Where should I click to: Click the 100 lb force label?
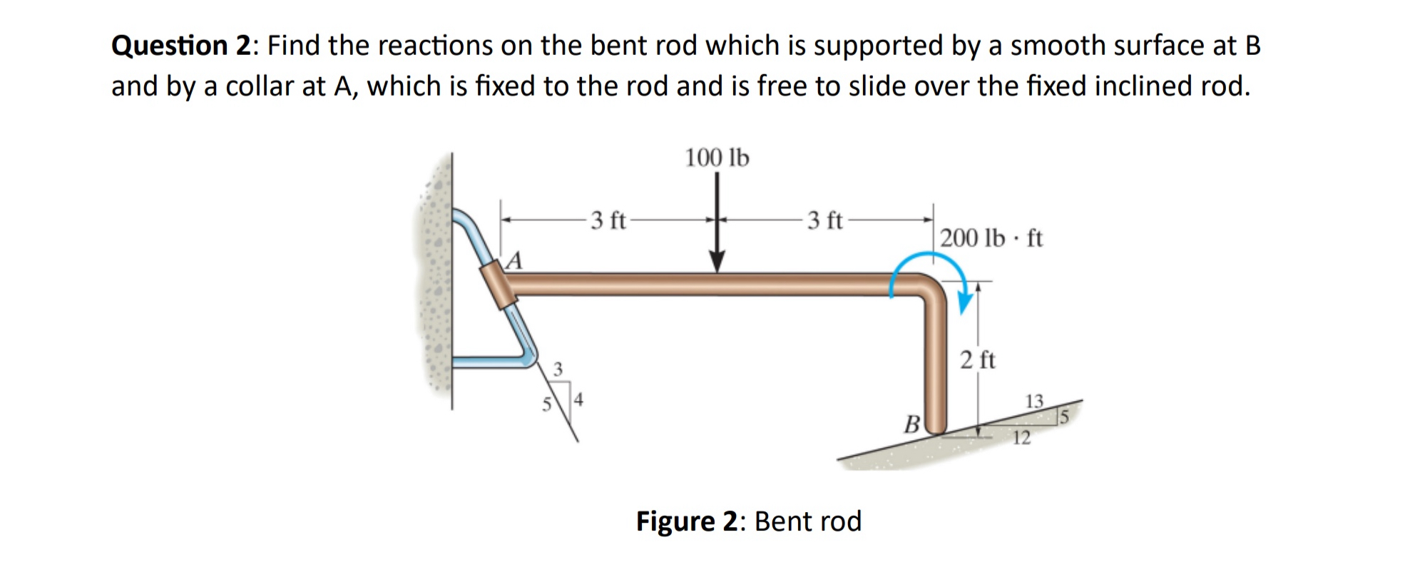(x=717, y=158)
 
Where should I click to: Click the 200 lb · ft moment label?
(x=991, y=238)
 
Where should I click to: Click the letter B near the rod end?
(x=911, y=425)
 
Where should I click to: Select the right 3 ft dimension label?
(x=825, y=220)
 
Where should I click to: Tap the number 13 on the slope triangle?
(x=1034, y=401)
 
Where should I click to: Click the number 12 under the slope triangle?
(x=1021, y=438)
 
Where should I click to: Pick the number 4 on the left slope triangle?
(x=579, y=399)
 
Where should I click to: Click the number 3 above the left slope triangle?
(x=558, y=369)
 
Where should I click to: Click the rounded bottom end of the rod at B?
(x=934, y=427)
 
